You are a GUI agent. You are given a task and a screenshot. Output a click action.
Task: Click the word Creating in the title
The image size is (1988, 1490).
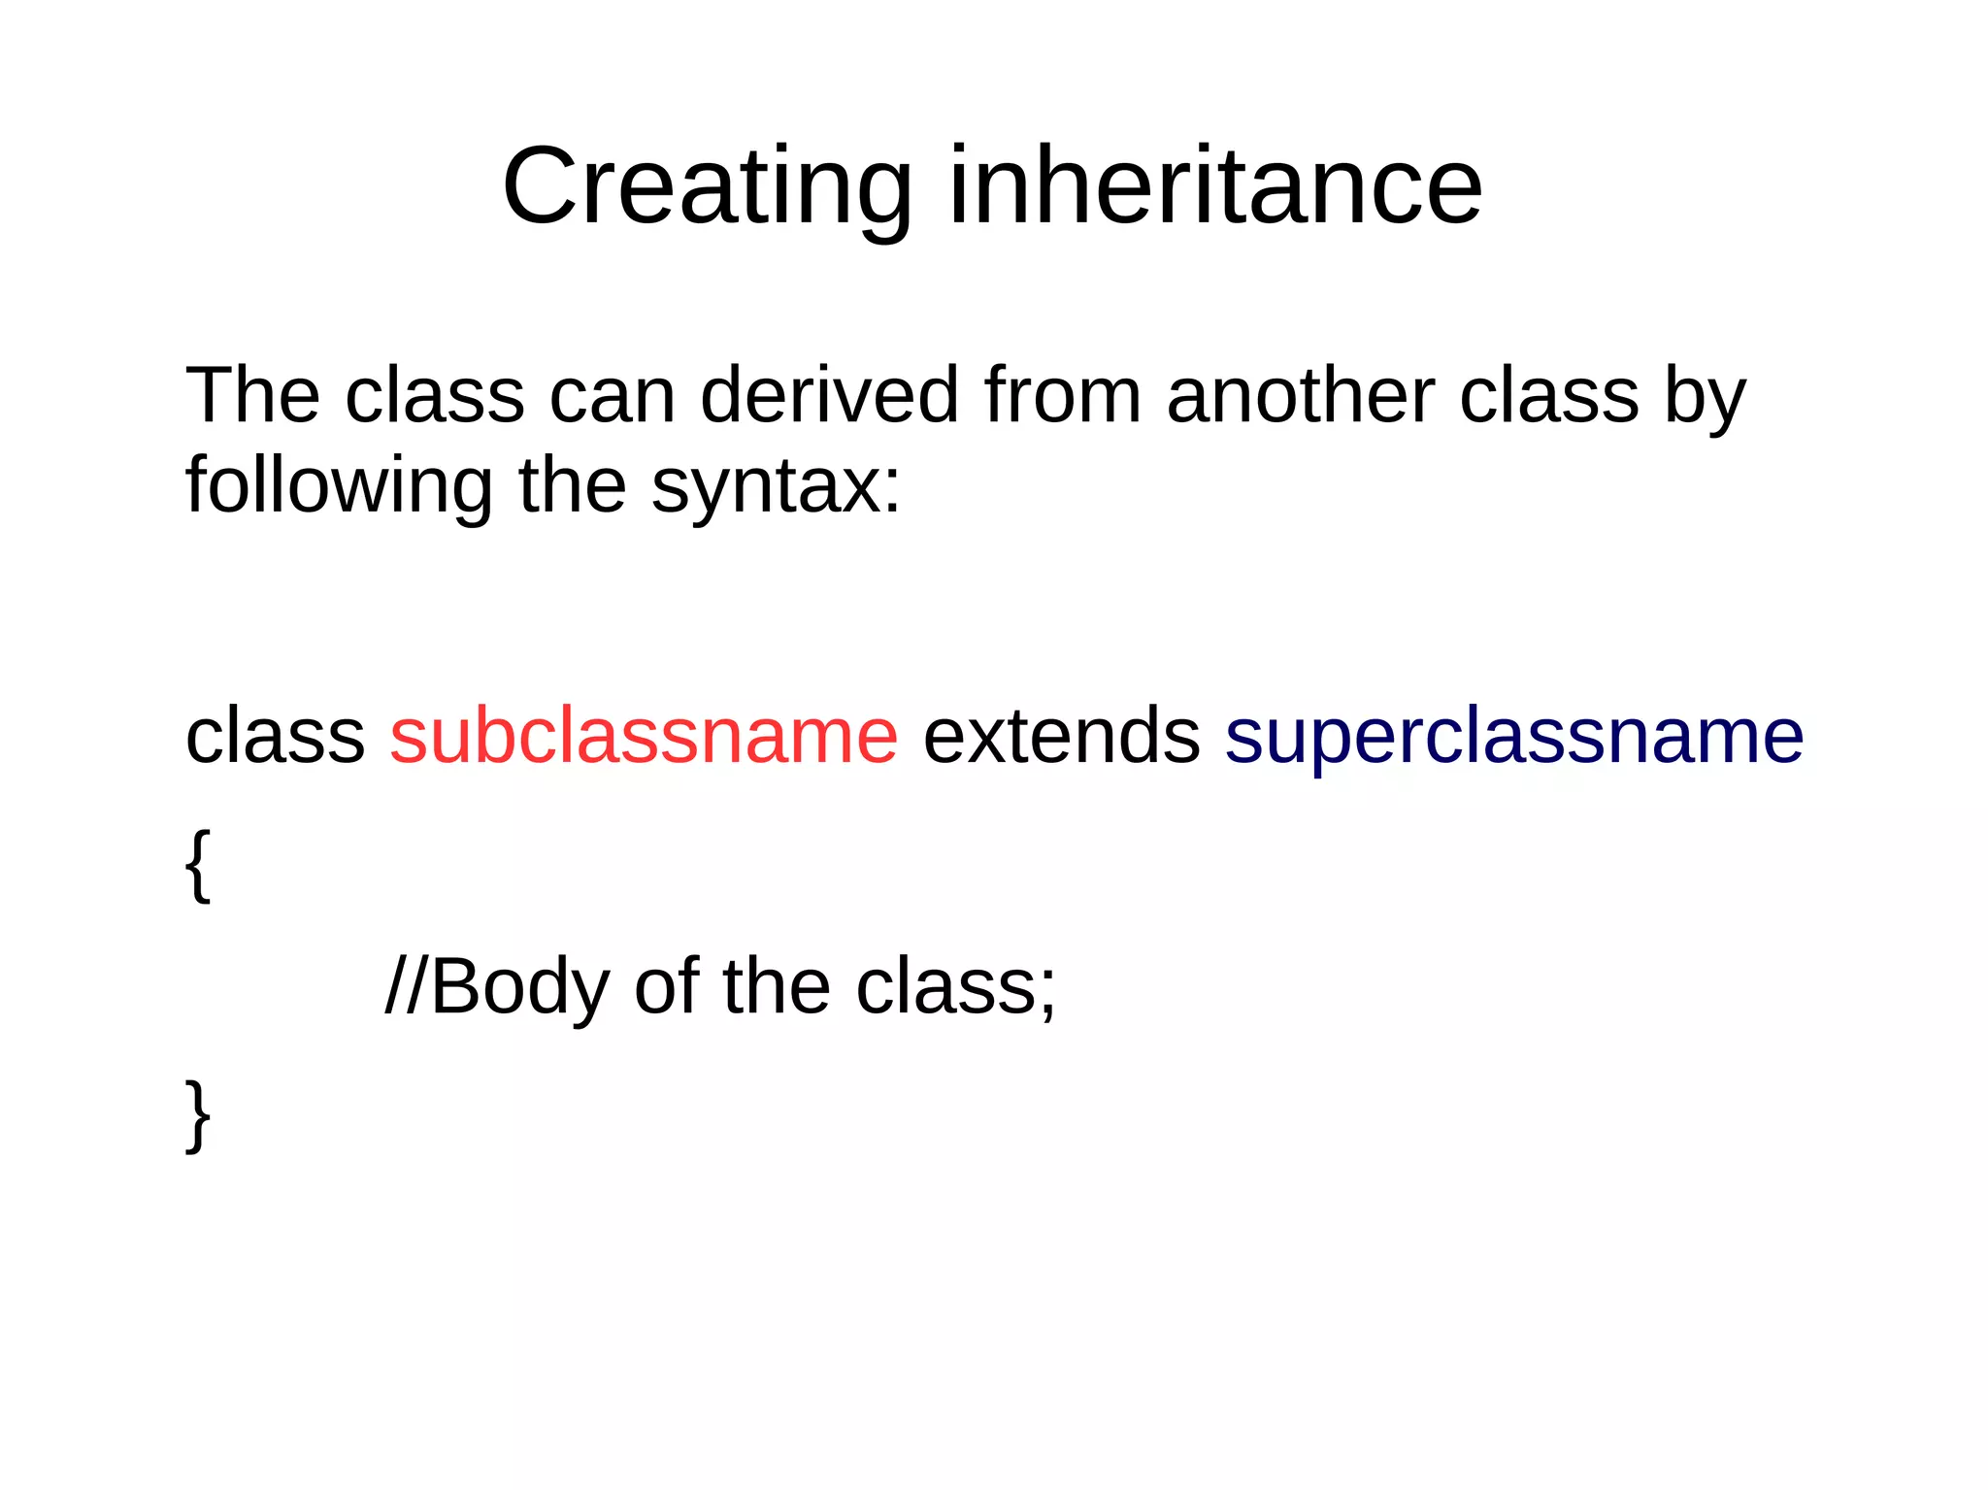coord(707,186)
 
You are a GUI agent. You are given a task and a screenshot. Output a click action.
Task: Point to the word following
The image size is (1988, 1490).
coord(339,485)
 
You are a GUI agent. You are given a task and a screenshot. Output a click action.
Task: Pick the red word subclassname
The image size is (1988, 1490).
coord(644,736)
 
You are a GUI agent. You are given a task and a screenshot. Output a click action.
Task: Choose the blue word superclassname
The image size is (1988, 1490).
coord(1513,736)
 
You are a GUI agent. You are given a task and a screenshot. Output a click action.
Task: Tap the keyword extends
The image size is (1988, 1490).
coord(1061,736)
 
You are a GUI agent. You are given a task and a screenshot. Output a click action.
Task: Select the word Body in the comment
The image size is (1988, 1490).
coord(519,987)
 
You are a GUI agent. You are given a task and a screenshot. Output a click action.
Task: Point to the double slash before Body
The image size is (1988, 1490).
coord(406,987)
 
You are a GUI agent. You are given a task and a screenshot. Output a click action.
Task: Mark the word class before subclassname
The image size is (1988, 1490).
coord(275,736)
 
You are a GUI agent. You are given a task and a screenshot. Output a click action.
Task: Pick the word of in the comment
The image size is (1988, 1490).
coord(667,987)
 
